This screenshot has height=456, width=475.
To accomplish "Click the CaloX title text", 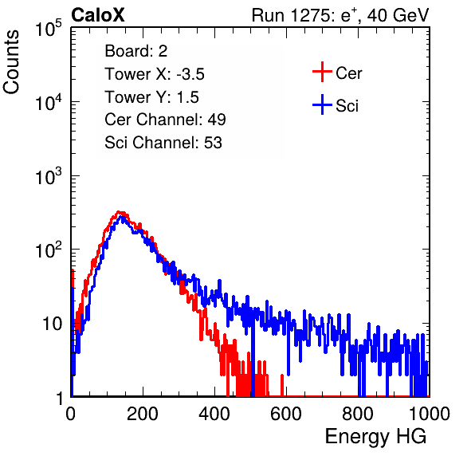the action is tap(97, 15).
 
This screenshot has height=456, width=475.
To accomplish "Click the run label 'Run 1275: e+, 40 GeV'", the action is tap(340, 15).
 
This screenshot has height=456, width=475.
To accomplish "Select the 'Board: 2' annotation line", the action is tap(136, 51).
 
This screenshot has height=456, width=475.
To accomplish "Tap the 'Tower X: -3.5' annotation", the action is tap(155, 74).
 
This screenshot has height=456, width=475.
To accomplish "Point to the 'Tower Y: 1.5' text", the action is tap(151, 97).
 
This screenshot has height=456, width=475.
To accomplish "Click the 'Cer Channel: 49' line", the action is tap(165, 120).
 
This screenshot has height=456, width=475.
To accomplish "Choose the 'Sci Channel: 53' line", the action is tap(163, 143).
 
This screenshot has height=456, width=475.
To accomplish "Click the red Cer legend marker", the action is tap(322, 72).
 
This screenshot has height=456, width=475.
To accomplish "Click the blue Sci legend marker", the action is tap(322, 104).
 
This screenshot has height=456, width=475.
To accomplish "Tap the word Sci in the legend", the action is tap(347, 106).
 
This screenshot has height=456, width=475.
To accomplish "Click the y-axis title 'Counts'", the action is tap(11, 62).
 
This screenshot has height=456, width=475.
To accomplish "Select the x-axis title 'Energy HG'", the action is tap(375, 437).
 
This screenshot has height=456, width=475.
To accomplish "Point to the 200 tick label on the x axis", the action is tap(143, 414).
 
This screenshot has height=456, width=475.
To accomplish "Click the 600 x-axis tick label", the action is tap(286, 414).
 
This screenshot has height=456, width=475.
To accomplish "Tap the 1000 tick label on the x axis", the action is tap(430, 414).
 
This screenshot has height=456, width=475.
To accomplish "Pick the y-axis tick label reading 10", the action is tap(52, 324).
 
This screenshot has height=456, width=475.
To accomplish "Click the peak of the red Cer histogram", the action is tap(119, 212).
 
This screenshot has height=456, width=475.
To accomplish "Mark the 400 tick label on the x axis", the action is tap(214, 414).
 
